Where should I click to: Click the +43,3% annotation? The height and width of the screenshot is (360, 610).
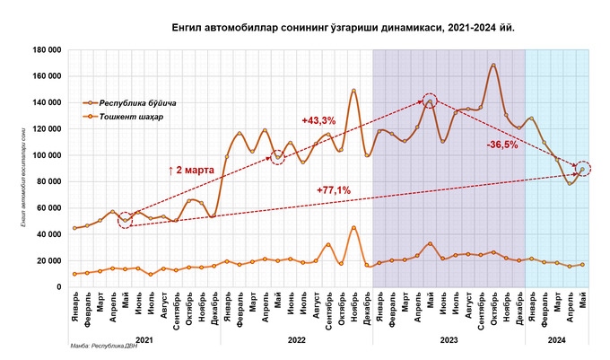(x=318, y=119)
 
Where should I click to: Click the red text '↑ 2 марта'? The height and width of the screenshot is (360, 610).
(x=191, y=168)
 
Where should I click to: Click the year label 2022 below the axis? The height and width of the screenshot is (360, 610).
(x=296, y=339)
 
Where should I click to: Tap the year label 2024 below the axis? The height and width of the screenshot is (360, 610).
(x=556, y=339)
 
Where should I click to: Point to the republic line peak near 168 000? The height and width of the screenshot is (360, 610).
(x=493, y=65)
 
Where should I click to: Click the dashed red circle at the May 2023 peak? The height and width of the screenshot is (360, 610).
(x=431, y=101)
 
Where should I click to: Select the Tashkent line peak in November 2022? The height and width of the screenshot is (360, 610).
(x=353, y=227)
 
